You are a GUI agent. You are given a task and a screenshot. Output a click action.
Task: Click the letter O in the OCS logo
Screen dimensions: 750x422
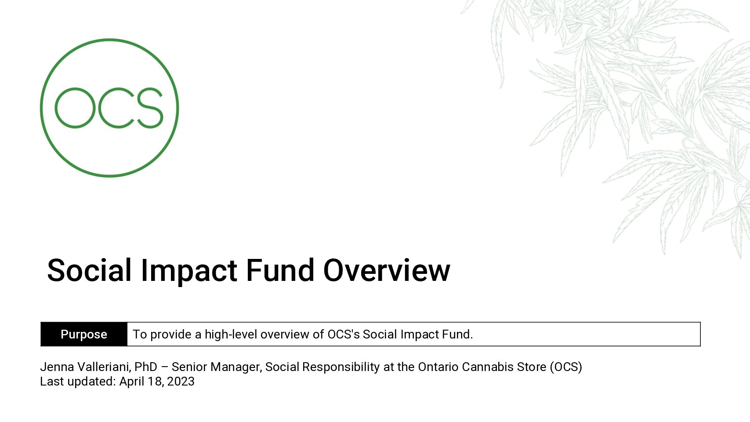pyautogui.click(x=56, y=108)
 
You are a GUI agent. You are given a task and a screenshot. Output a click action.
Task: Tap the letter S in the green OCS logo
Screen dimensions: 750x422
pyautogui.click(x=150, y=108)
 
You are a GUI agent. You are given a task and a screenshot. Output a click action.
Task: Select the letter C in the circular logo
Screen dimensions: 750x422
pyautogui.click(x=100, y=108)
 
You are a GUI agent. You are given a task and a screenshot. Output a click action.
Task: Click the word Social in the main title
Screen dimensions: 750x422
pyautogui.click(x=89, y=270)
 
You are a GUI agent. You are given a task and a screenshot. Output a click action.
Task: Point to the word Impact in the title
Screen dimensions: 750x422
pyautogui.click(x=189, y=272)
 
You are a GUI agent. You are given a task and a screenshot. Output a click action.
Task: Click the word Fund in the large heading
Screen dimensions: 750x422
pyautogui.click(x=280, y=270)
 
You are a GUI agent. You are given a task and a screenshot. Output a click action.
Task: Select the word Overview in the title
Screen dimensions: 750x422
pyautogui.click(x=387, y=270)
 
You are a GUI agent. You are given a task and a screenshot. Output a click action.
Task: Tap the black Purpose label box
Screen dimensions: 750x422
pyautogui.click(x=84, y=334)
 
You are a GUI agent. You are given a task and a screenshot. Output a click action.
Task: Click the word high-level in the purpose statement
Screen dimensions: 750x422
pyautogui.click(x=231, y=334)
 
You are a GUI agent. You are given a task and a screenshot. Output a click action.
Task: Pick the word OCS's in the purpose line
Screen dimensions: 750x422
pyautogui.click(x=344, y=334)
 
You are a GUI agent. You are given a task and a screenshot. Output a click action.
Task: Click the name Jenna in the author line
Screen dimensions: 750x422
pyautogui.click(x=57, y=367)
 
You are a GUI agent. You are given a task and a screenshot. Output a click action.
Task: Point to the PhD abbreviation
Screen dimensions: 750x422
pyautogui.click(x=145, y=367)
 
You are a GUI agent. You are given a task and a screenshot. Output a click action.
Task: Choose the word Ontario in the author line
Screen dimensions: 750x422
pyautogui.click(x=438, y=367)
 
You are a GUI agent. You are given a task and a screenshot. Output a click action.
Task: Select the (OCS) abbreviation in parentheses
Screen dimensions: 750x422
pyautogui.click(x=566, y=367)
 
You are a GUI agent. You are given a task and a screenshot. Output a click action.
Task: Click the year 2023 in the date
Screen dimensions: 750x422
pyautogui.click(x=181, y=382)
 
